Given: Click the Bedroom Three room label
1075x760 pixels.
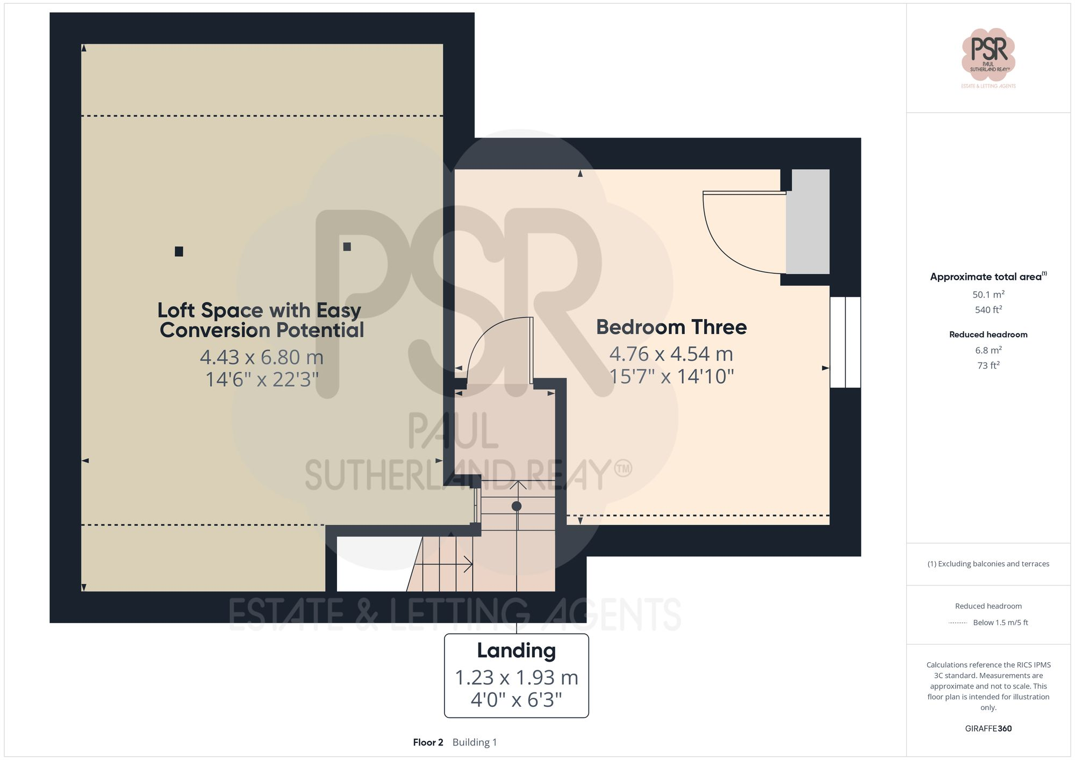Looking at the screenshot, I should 671,327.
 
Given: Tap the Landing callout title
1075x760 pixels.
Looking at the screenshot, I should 516,650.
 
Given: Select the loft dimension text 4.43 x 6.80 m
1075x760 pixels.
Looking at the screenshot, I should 262,357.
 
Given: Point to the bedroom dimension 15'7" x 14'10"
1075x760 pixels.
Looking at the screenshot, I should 671,377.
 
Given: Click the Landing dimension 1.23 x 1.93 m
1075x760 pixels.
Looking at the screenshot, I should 516,678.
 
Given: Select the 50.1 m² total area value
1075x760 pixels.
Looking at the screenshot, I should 988,294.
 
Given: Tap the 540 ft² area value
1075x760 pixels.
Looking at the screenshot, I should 988,310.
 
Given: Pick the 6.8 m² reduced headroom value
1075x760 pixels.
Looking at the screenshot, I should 988,350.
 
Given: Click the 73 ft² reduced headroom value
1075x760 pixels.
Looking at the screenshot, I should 988,366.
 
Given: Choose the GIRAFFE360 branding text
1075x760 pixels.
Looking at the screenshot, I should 988,728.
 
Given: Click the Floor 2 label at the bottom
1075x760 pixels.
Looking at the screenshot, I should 428,742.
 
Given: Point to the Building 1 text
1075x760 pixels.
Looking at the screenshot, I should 475,742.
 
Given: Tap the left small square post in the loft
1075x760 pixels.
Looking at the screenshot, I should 179,251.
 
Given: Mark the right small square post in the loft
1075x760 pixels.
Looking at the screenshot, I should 347,247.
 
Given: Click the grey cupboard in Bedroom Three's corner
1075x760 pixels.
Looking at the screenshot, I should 807,221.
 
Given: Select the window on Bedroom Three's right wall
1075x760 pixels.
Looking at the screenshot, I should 845,342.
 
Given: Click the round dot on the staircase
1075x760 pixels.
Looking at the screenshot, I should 517,506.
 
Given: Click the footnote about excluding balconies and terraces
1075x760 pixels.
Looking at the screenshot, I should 988,564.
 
